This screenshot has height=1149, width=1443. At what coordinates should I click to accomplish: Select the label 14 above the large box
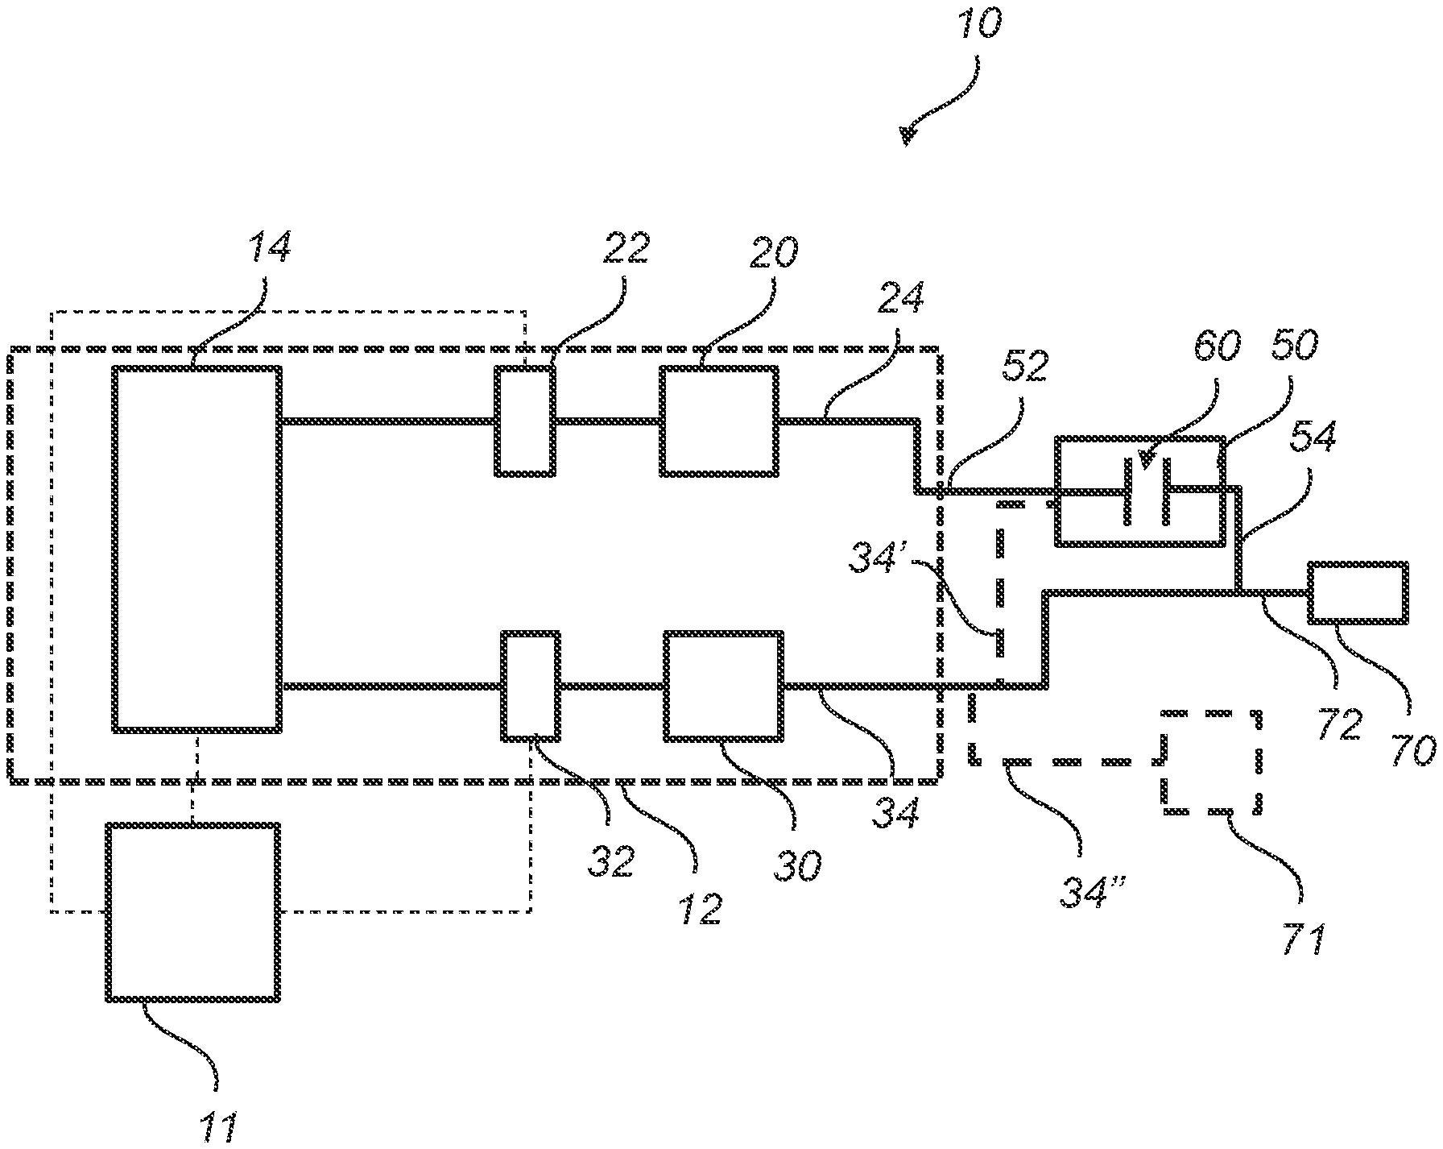270,247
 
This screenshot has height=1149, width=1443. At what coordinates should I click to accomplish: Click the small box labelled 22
525,421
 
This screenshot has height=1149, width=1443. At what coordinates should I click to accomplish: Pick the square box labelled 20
719,421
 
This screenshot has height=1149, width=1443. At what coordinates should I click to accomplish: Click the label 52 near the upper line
1025,367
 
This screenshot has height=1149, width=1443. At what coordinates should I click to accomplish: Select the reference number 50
1295,345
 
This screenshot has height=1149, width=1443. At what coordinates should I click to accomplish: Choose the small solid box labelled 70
1358,592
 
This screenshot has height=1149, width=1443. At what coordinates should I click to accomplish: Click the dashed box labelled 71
1210,761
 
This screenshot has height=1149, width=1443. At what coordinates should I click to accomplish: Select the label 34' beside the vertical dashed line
877,558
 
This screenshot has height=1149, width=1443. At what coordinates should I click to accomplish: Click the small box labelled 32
531,686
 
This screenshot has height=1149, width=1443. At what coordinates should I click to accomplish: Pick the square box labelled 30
723,686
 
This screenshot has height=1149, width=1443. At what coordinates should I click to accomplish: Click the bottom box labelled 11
193,911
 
